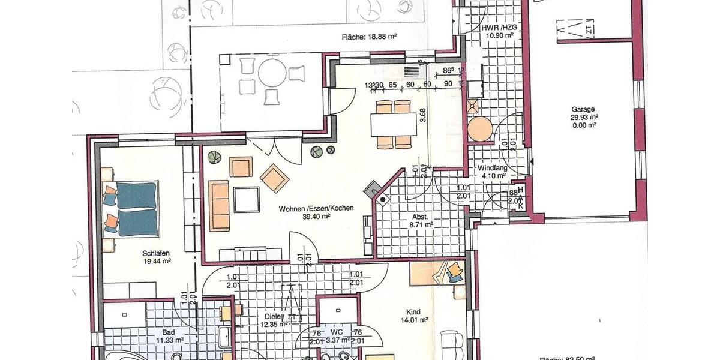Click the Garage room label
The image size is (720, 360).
(583, 110)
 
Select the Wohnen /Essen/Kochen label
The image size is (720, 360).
(316, 209)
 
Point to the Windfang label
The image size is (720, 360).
(492, 168)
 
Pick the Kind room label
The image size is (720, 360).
(413, 312)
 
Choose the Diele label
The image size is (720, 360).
(273, 317)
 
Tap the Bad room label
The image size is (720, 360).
(168, 332)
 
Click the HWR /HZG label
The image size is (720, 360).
(499, 28)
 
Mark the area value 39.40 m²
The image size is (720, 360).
(316, 217)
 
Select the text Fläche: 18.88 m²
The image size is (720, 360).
(369, 37)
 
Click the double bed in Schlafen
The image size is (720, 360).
(137, 209)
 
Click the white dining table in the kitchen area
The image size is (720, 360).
(394, 125)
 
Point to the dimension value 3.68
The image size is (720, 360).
(423, 115)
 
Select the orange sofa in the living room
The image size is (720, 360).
(220, 205)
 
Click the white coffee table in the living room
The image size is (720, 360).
(247, 199)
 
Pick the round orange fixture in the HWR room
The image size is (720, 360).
(479, 129)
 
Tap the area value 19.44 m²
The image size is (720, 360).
(157, 261)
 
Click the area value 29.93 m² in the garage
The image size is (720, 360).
(583, 118)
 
